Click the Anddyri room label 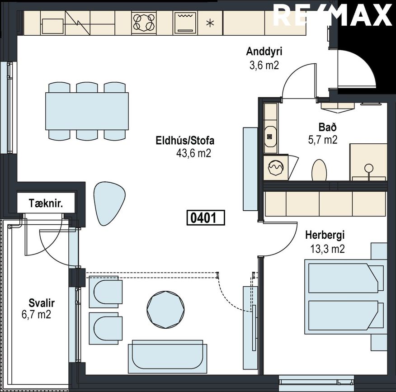click(264, 52)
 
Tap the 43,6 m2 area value click(193, 153)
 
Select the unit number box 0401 click(206, 218)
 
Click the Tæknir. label click(46, 203)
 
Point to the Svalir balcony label click(42, 303)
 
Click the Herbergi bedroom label click(325, 235)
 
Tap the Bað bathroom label click(328, 127)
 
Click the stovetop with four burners click(144, 23)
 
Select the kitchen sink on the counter click(52, 26)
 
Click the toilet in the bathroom click(319, 170)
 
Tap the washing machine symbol click(276, 167)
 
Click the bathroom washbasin click(270, 137)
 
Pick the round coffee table click(165, 310)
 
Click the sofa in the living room click(167, 357)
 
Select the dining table click(87, 111)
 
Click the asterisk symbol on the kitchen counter click(210, 24)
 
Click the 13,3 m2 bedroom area click(328, 249)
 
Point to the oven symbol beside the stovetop click(185, 23)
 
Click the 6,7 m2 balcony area click(37, 315)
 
